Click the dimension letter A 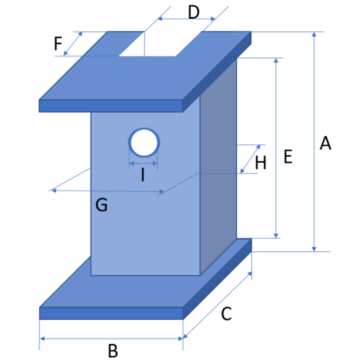tap(325, 143)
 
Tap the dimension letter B tap(113, 351)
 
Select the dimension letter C tap(227, 313)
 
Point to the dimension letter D tap(193, 12)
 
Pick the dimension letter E tap(288, 157)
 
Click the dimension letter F tap(58, 43)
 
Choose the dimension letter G tap(101, 205)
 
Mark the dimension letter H tap(261, 163)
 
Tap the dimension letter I tap(143, 175)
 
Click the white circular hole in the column tap(144, 143)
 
